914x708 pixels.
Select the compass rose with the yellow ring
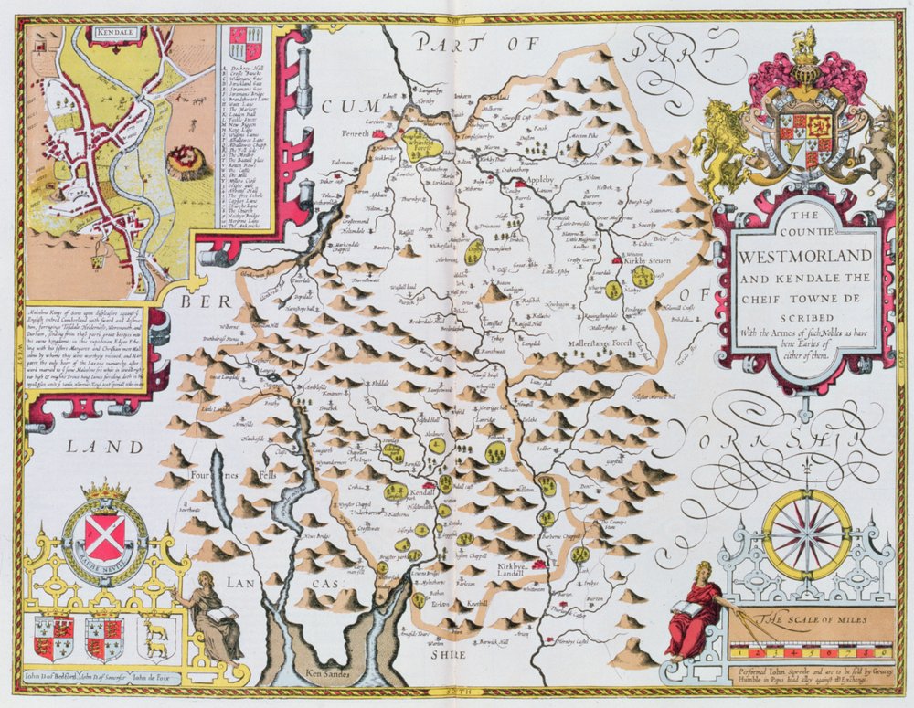point(807,535)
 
